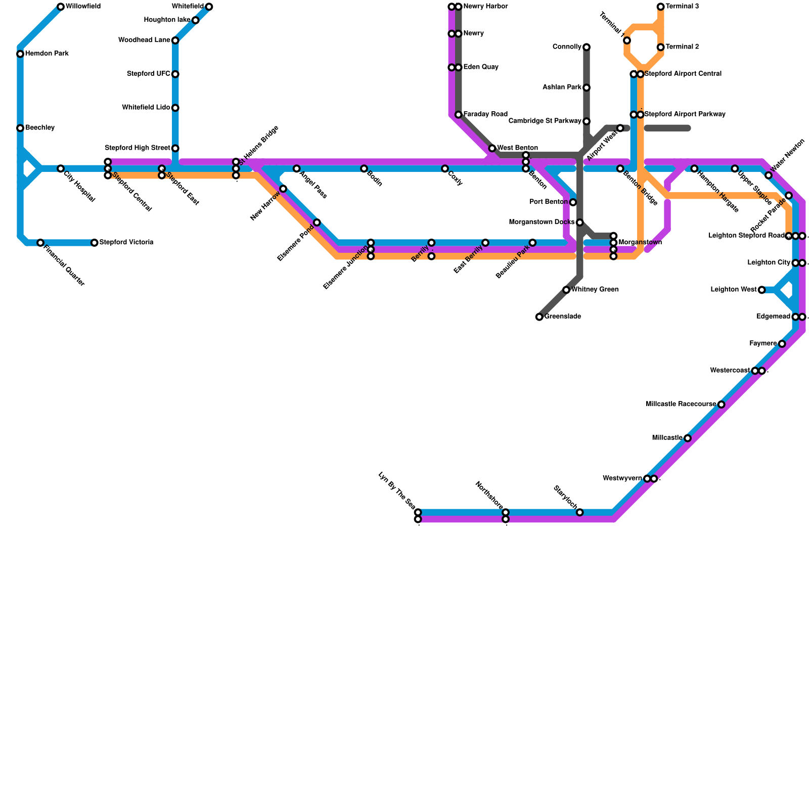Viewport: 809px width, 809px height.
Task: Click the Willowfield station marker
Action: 61,7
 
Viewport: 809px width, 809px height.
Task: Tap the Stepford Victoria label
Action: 126,243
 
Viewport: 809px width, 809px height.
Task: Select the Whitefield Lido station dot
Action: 175,108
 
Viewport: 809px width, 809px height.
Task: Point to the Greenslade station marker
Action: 540,317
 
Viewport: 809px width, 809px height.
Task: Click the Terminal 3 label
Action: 682,7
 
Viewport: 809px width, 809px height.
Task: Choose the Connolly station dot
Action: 587,47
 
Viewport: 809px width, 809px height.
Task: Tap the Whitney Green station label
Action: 595,290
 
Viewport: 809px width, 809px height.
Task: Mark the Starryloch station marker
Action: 580,512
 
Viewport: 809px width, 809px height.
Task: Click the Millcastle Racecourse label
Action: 681,404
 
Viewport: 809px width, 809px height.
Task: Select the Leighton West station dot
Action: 761,290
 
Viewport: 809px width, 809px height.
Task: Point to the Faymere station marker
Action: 782,344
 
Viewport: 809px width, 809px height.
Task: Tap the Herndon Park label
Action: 47,54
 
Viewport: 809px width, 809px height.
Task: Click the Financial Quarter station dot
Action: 40,243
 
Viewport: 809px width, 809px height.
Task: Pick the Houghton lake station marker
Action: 196,20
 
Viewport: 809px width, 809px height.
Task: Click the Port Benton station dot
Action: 573,202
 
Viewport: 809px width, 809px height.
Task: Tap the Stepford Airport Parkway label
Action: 685,115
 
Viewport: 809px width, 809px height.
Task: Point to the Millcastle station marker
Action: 688,438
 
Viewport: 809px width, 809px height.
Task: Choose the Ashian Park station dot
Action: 587,87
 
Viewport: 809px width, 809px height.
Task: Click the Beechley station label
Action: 40,128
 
